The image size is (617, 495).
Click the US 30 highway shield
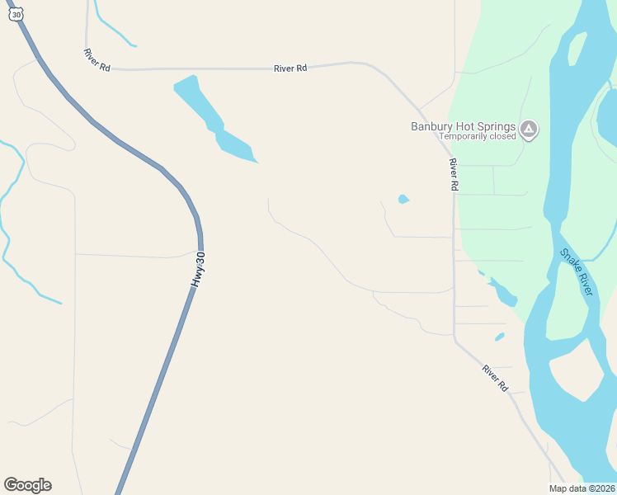click(16, 14)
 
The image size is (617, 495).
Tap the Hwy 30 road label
click(198, 270)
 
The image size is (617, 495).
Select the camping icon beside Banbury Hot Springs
click(529, 129)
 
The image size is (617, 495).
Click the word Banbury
click(432, 126)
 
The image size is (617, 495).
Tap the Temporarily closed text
click(477, 137)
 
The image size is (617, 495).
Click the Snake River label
click(577, 272)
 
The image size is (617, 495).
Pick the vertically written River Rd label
click(453, 175)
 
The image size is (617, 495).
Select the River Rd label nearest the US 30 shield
click(97, 59)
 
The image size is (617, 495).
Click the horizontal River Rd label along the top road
click(290, 68)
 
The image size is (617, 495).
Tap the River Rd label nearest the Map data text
click(496, 378)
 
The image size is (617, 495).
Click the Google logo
click(27, 485)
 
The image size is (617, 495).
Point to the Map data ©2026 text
click(582, 488)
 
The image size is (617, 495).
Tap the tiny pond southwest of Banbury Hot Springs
click(403, 199)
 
